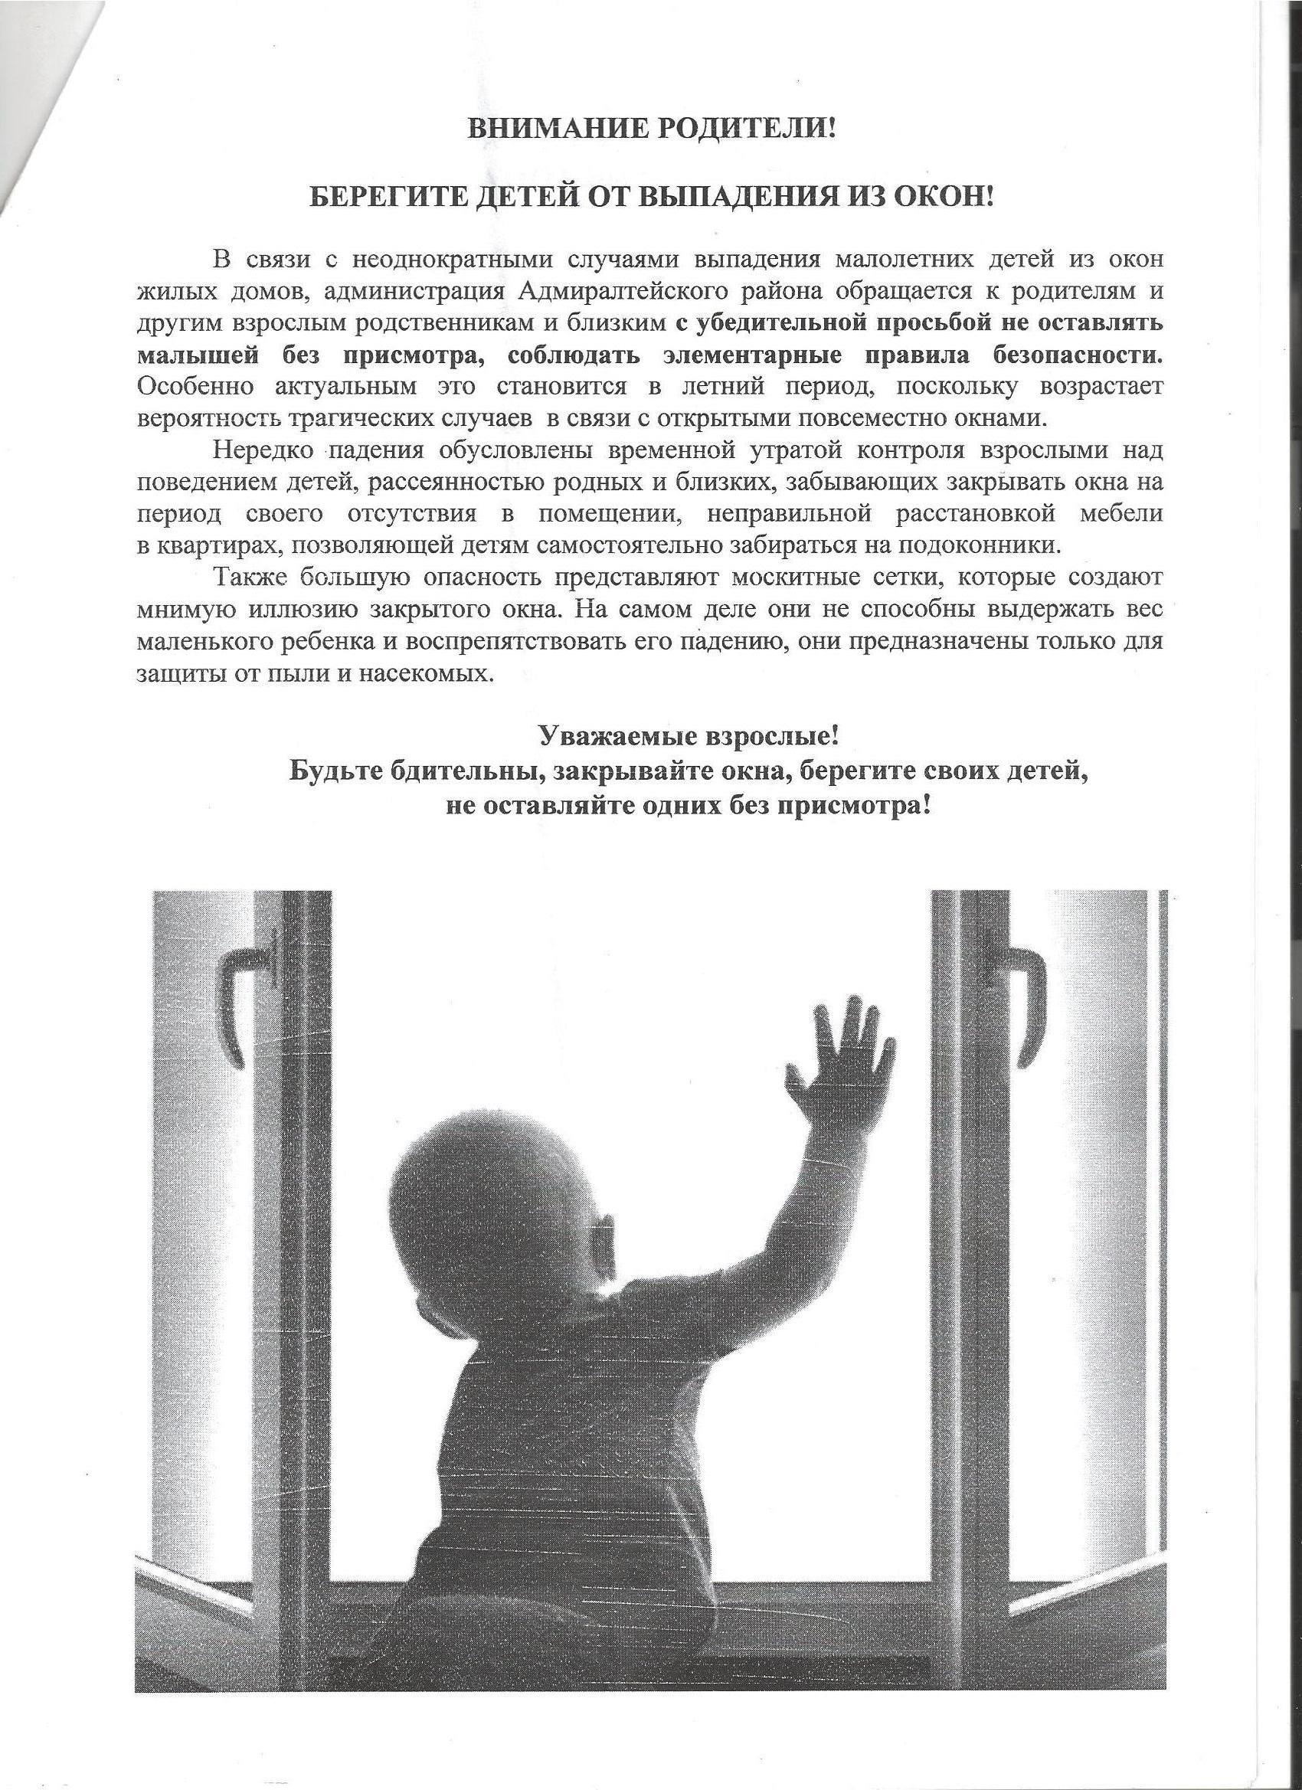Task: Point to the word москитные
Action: pyautogui.click(x=800, y=578)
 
